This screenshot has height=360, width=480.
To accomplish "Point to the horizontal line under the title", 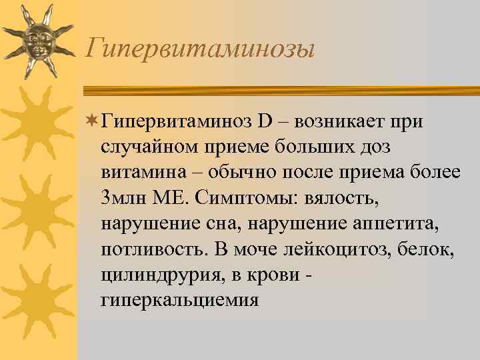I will [x=280, y=91].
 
